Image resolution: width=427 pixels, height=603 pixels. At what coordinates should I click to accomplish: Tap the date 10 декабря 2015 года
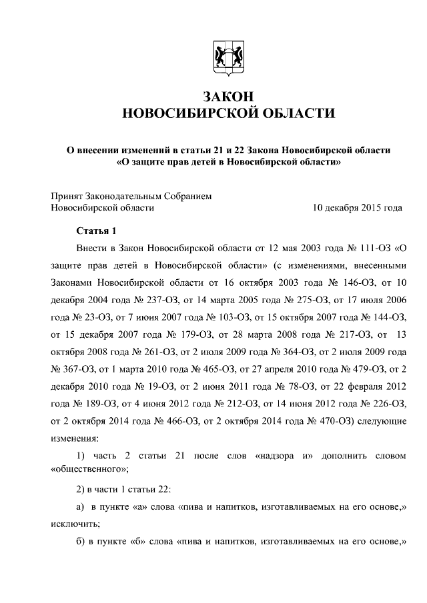point(357,208)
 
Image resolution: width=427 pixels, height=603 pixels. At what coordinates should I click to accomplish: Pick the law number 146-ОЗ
point(354,283)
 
